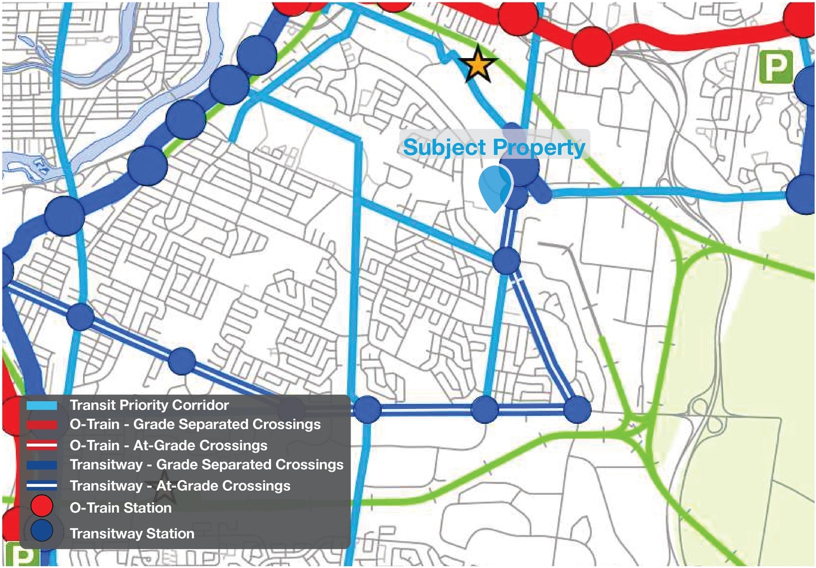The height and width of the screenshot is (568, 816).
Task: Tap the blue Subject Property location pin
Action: pos(495,187)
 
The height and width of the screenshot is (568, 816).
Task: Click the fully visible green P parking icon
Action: pos(776,68)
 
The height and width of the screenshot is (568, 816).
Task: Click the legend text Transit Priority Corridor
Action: pos(149,405)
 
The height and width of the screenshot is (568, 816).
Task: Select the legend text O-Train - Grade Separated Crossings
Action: pos(195,425)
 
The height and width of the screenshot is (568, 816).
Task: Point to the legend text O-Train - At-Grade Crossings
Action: pos(168,445)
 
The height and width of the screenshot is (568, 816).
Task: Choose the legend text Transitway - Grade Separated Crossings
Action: pos(207,465)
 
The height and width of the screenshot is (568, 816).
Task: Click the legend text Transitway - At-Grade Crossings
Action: pos(180,486)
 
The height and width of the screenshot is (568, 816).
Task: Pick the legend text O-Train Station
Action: pos(120,508)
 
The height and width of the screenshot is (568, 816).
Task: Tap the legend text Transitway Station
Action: pos(132,533)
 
